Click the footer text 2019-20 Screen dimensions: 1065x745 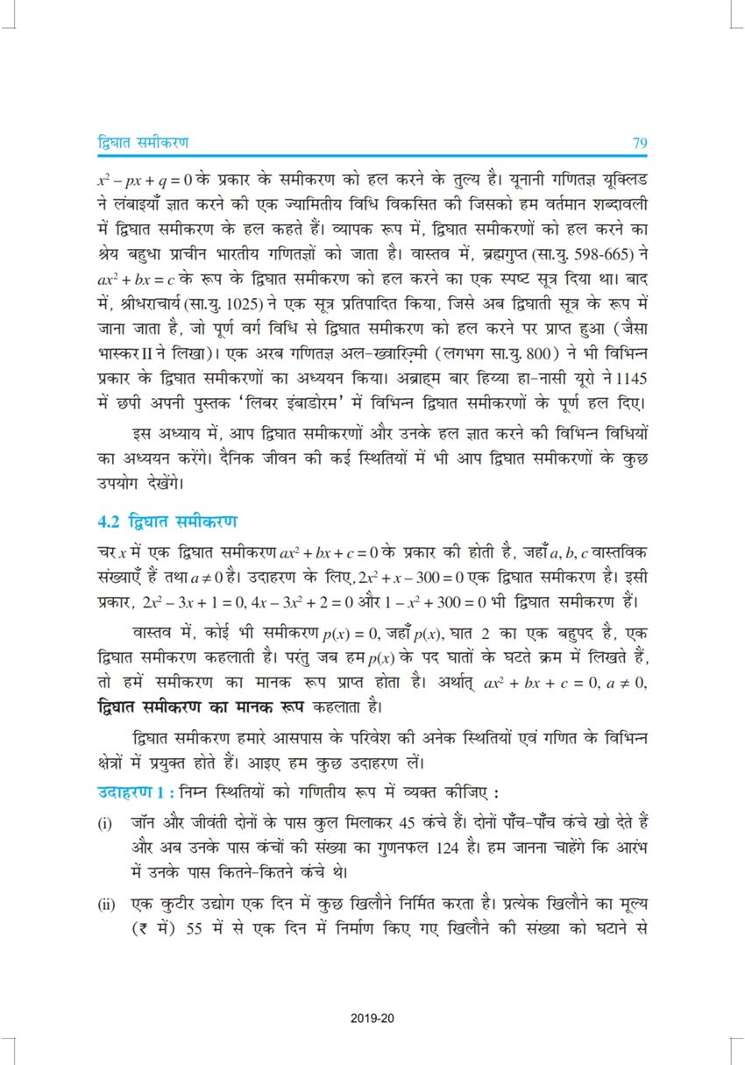(372, 1018)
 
